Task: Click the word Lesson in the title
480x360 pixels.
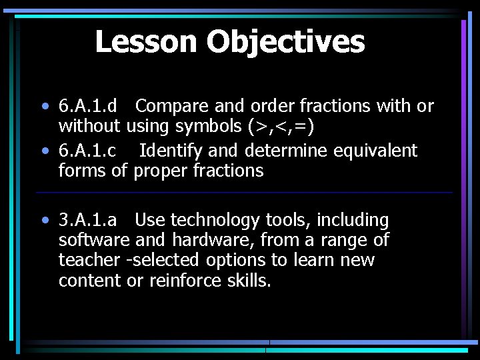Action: tap(147, 41)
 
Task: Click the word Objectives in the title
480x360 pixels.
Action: tap(285, 41)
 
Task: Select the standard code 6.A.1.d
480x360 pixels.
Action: tap(88, 106)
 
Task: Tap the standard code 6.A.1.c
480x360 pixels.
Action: tap(87, 151)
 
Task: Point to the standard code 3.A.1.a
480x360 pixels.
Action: tap(88, 220)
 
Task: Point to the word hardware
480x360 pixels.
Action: tap(213, 240)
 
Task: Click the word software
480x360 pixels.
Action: tap(94, 240)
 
